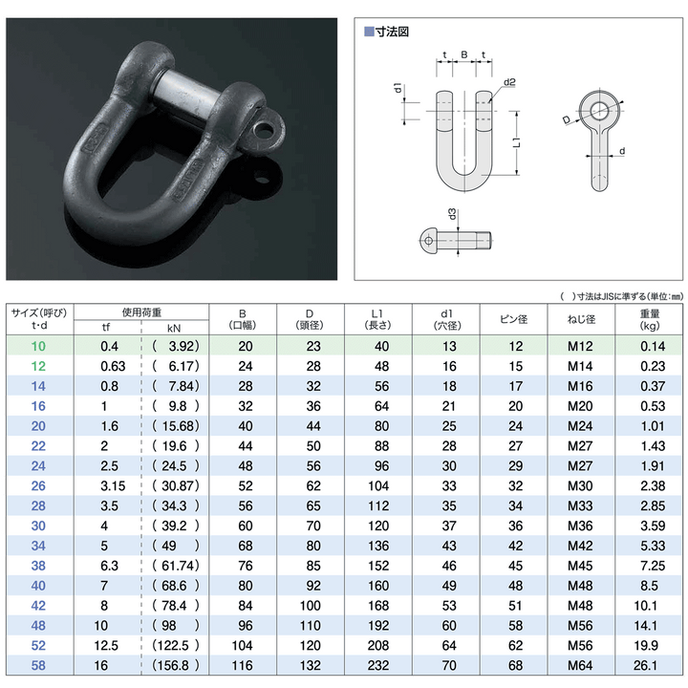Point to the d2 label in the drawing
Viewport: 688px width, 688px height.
tap(509, 82)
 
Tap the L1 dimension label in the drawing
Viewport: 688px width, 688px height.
tap(515, 142)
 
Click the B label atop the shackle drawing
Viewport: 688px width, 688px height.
tap(463, 56)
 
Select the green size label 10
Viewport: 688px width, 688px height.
tap(38, 346)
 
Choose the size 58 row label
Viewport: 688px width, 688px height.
tap(38, 666)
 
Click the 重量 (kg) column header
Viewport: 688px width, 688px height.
tap(650, 319)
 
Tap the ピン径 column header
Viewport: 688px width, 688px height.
tap(515, 319)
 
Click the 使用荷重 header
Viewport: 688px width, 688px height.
tap(141, 312)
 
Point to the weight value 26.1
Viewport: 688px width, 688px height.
tap(650, 666)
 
